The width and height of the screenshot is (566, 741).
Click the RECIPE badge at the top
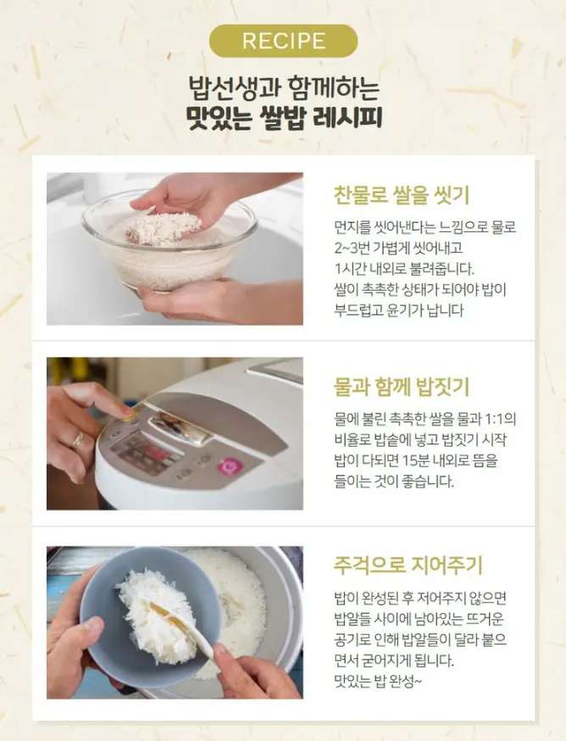click(283, 41)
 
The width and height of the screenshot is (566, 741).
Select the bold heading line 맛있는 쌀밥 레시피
click(283, 117)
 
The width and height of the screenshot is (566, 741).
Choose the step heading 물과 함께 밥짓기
click(401, 388)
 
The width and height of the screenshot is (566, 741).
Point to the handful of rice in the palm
click(164, 227)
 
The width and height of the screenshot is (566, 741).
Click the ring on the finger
click(78, 440)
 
